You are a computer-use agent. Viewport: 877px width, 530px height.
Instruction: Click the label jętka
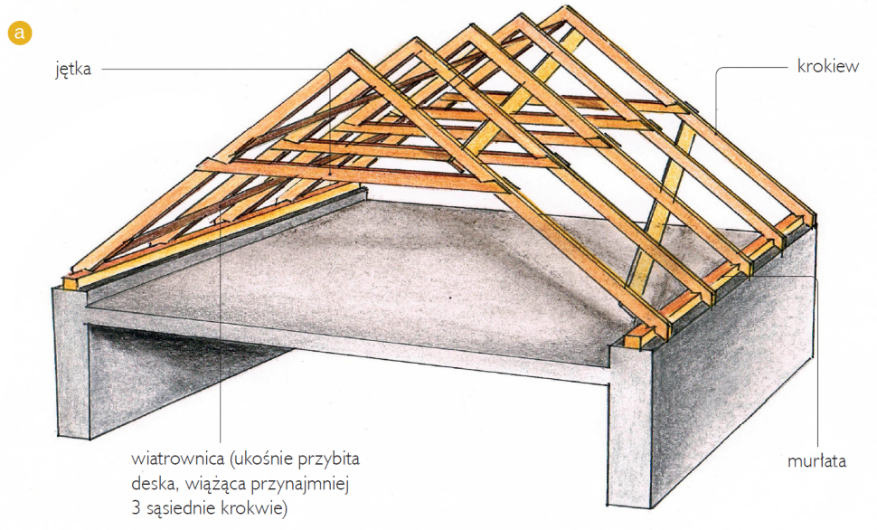(x=72, y=70)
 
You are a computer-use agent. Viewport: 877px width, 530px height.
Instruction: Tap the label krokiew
(x=828, y=67)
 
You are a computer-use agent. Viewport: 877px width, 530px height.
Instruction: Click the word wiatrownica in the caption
(x=177, y=459)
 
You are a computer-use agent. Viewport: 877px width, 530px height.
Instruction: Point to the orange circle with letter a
(x=20, y=33)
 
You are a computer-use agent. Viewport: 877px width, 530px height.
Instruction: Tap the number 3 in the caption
(x=136, y=508)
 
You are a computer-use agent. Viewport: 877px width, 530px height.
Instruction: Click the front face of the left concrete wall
(x=71, y=363)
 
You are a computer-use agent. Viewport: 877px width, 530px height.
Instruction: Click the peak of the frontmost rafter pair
(x=351, y=52)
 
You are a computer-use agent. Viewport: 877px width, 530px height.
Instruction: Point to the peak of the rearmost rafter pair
(x=567, y=9)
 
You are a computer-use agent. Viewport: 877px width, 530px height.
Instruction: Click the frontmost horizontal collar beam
(x=353, y=175)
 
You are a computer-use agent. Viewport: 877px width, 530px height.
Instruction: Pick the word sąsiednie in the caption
(x=181, y=508)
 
